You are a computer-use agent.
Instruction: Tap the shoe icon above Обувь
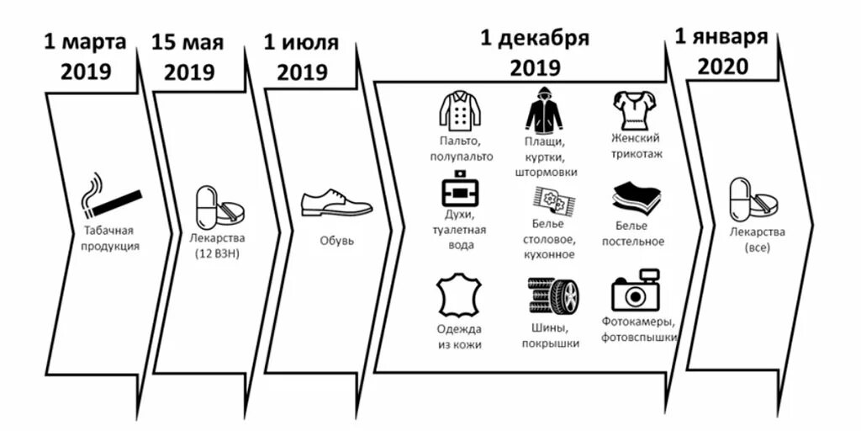coord(336,203)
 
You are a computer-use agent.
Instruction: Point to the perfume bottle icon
coord(460,193)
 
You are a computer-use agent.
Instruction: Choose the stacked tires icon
coord(553,296)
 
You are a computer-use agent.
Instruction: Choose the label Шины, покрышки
coord(552,336)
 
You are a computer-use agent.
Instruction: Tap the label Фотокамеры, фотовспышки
coord(639,329)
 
